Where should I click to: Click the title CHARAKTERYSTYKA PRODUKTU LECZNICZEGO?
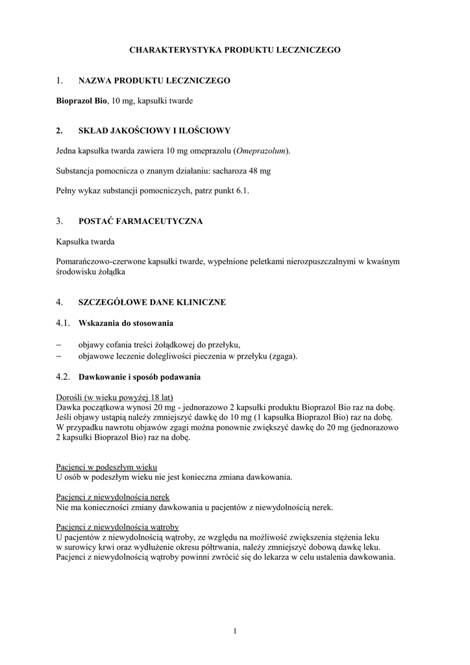tap(234, 49)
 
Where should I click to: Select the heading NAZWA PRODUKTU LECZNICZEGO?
tap(154, 81)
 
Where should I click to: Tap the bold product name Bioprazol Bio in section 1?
tap(81, 101)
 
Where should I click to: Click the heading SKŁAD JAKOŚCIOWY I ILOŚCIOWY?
tap(154, 131)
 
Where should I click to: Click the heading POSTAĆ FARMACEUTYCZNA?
tap(140, 221)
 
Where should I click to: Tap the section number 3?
tap(59, 221)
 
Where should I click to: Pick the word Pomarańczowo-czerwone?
tap(99, 261)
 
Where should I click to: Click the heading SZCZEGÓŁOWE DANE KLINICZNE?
tap(152, 302)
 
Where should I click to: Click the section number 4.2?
tap(63, 377)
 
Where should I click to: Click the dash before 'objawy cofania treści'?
tap(60, 345)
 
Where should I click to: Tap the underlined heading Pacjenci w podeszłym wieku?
tap(106, 467)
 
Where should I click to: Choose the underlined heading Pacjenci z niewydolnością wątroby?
tap(117, 527)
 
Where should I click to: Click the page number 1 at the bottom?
tap(235, 631)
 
